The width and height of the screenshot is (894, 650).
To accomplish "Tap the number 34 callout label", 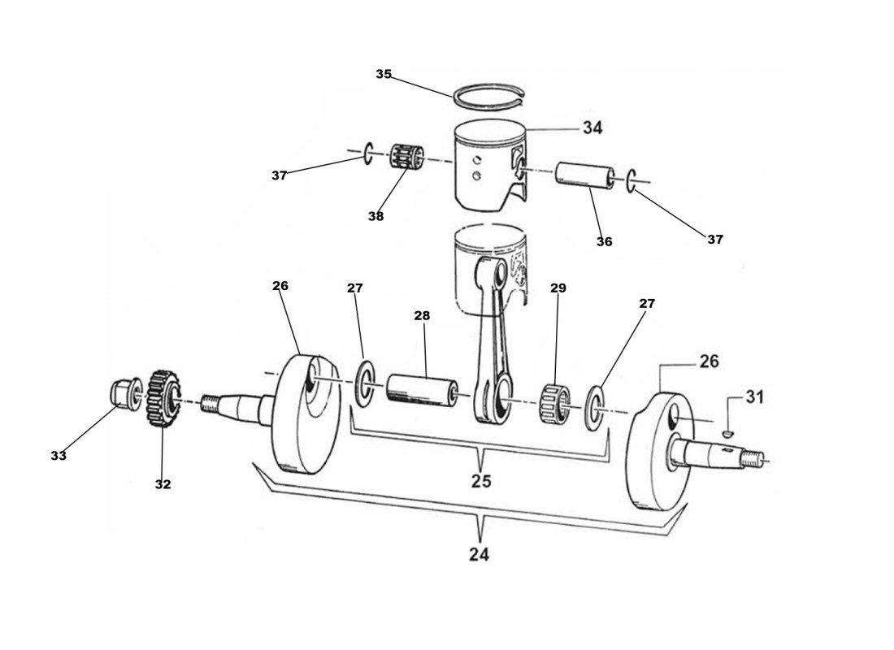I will (592, 128).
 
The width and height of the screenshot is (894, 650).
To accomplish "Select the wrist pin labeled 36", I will (583, 178).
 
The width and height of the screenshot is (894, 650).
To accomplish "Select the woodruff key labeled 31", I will (728, 433).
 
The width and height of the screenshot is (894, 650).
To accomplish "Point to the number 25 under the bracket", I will (481, 481).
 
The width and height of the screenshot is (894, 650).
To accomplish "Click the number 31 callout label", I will (755, 397).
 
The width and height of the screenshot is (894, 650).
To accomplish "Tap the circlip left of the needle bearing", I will (367, 152).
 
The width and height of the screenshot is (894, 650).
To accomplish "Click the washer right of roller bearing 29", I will (596, 405).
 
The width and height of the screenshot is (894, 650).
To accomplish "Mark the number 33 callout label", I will (59, 456).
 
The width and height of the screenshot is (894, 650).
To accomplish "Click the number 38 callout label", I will (375, 216).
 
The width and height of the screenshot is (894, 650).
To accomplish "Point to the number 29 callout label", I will (558, 288).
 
